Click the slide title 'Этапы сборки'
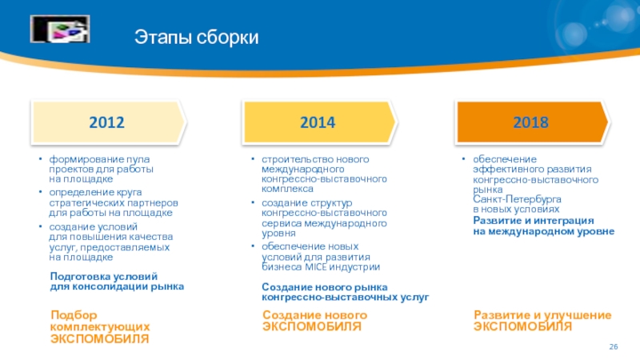tap(196, 37)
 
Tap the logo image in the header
tap(60, 29)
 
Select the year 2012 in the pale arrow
tap(106, 122)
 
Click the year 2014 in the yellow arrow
tap(318, 122)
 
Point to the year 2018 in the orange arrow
tap(530, 122)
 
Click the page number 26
tap(614, 346)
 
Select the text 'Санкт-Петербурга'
tap(517, 199)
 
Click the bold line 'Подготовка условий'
tap(104, 276)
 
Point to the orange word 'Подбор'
tap(74, 315)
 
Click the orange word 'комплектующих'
tap(100, 327)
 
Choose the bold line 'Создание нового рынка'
tap(325, 287)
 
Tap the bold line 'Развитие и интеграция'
tap(534, 221)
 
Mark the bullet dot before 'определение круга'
tap(41, 191)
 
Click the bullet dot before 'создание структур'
tap(253, 202)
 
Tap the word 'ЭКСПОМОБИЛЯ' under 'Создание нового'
tap(312, 326)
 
